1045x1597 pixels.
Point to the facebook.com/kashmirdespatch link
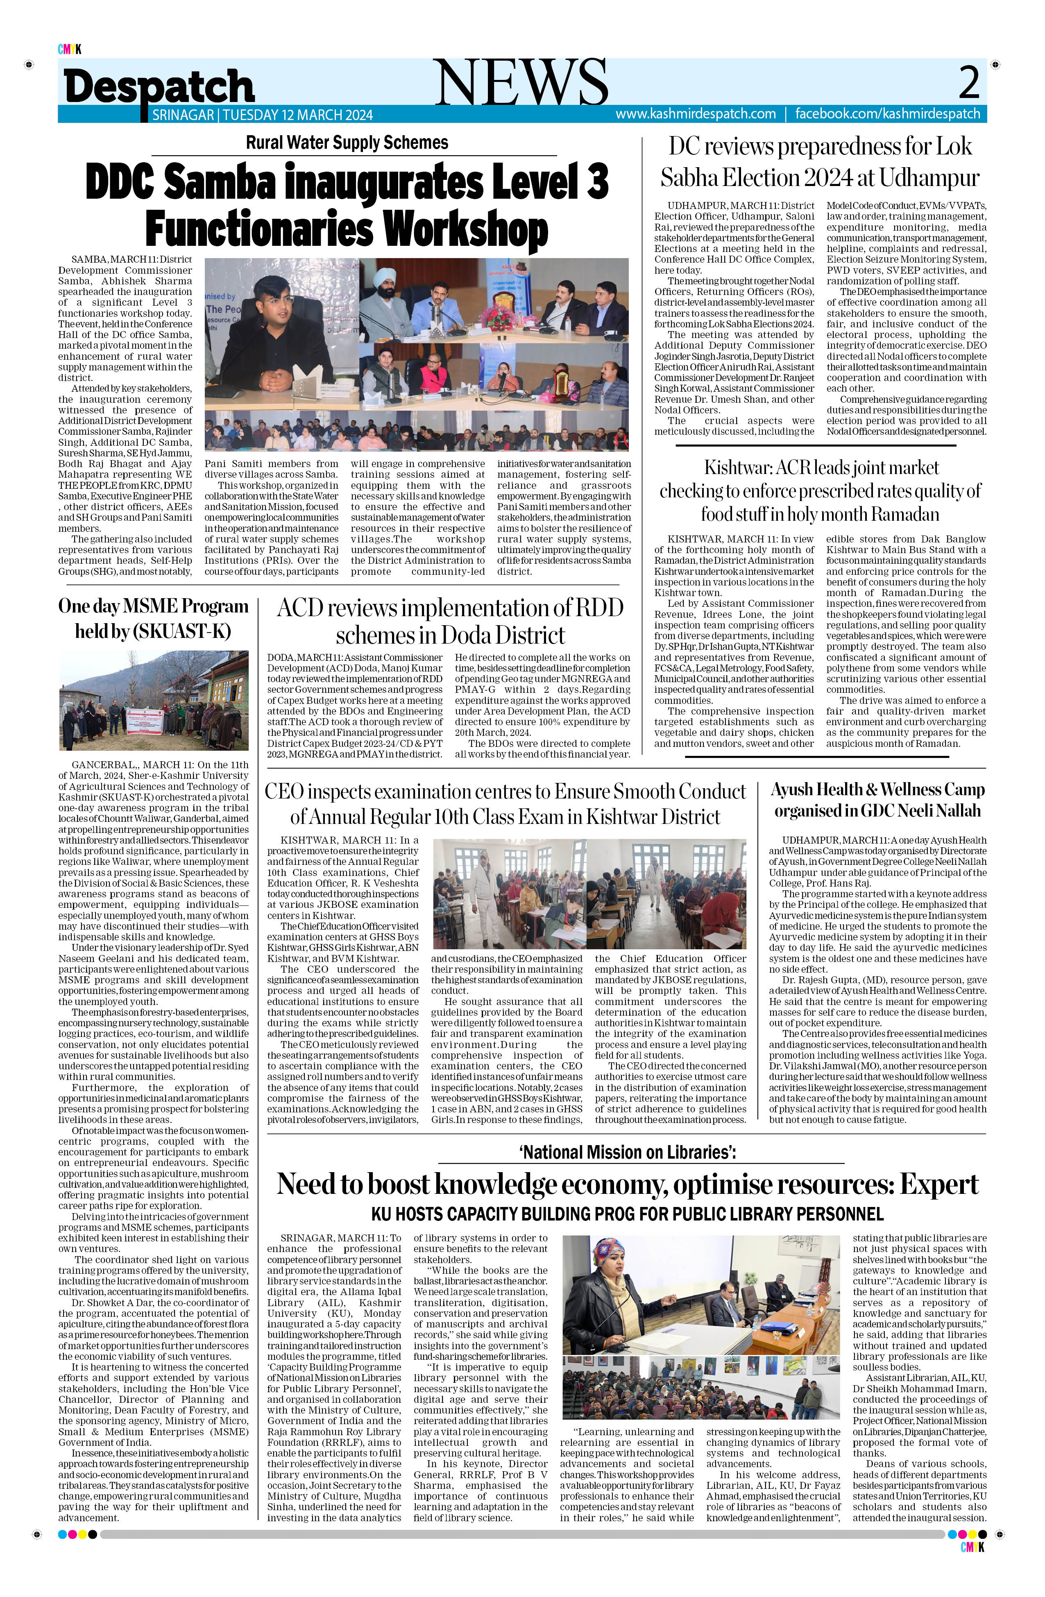(x=887, y=114)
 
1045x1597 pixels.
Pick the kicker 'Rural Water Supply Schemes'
(x=347, y=142)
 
